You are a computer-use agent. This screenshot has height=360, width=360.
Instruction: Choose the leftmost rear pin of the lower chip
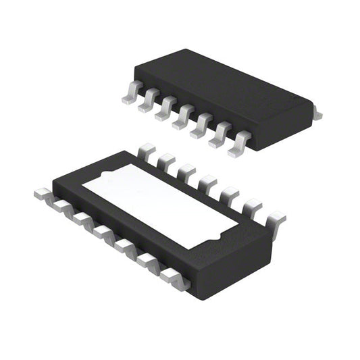click(x=145, y=151)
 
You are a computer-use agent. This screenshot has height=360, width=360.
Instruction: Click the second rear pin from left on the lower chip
click(x=165, y=161)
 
